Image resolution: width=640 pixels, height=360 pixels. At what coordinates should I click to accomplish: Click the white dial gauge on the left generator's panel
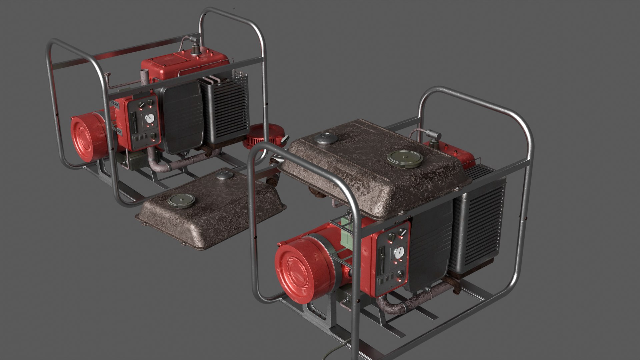(x=150, y=118)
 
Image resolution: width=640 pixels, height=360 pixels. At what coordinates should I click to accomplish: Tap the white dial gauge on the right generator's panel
(x=399, y=253)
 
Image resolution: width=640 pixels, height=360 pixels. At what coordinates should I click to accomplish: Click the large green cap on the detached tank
(x=181, y=200)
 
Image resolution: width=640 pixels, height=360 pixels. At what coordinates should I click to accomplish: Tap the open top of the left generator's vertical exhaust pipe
(x=144, y=73)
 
